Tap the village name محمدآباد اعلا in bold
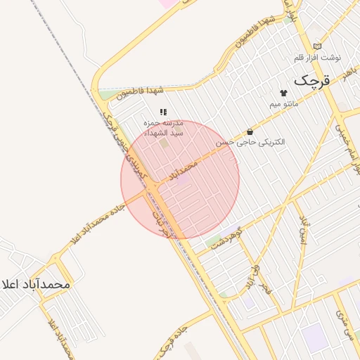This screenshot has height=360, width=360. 37,284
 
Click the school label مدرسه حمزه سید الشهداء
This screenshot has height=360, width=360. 163,127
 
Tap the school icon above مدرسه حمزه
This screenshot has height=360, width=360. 163,112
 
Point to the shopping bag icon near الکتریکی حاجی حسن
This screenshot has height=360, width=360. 250,131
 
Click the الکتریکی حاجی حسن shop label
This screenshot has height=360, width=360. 250,142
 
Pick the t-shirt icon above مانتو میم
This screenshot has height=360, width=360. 284,92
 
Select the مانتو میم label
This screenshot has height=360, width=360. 284,104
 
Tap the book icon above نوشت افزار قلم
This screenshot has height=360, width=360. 316,46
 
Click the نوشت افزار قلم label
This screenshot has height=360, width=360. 316,56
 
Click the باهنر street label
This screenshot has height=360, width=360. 349,72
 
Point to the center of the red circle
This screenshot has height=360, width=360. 180,179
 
